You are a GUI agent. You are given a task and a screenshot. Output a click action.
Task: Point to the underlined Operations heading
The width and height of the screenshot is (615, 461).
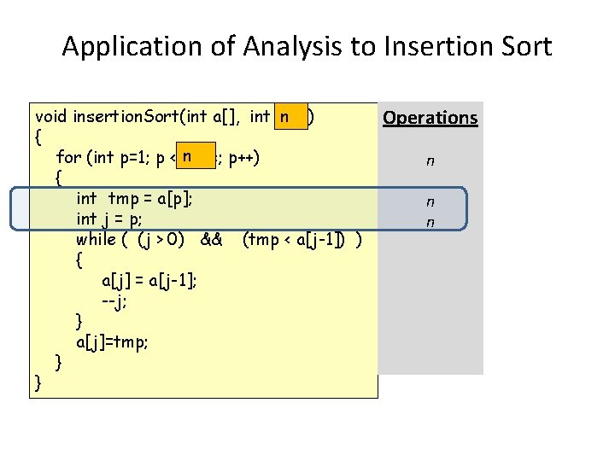(430, 118)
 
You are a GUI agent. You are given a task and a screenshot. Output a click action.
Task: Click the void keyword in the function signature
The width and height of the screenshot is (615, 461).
(52, 115)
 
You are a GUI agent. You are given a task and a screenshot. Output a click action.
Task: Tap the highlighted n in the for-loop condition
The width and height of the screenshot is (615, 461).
(184, 156)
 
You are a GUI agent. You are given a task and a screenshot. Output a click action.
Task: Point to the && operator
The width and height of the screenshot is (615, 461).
(211, 239)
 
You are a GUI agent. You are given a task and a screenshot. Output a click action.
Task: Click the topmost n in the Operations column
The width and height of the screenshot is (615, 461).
(430, 160)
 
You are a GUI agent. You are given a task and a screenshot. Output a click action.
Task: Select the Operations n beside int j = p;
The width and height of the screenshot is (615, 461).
(430, 222)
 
